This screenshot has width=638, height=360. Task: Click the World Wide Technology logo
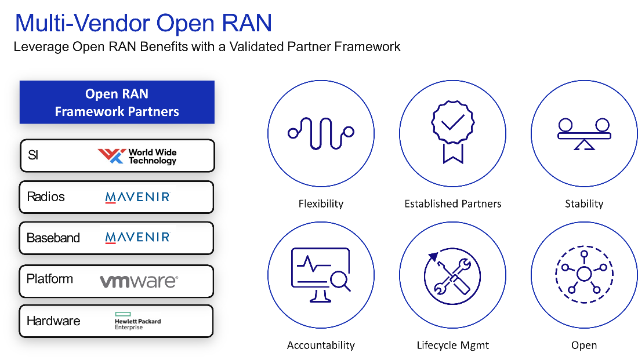point(137,156)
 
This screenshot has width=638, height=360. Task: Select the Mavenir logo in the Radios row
point(137,197)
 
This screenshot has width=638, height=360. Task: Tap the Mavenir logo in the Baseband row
point(137,238)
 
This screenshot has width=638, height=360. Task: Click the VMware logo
point(139,282)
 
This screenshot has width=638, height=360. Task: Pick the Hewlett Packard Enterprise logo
point(137,321)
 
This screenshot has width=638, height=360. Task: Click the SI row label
point(33,155)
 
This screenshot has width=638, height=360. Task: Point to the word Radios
point(46,197)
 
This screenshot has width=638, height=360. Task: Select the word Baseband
point(53,238)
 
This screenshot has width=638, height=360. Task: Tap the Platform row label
point(50,279)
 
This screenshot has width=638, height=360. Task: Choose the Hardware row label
point(53,321)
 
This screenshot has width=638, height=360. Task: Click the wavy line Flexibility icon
point(321,133)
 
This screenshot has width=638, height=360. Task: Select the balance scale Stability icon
point(583,133)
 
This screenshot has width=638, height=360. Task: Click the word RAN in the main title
point(248,23)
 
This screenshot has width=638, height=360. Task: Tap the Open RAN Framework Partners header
point(117,103)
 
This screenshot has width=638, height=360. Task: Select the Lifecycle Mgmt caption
point(452,346)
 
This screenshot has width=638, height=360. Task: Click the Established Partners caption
point(452,204)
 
